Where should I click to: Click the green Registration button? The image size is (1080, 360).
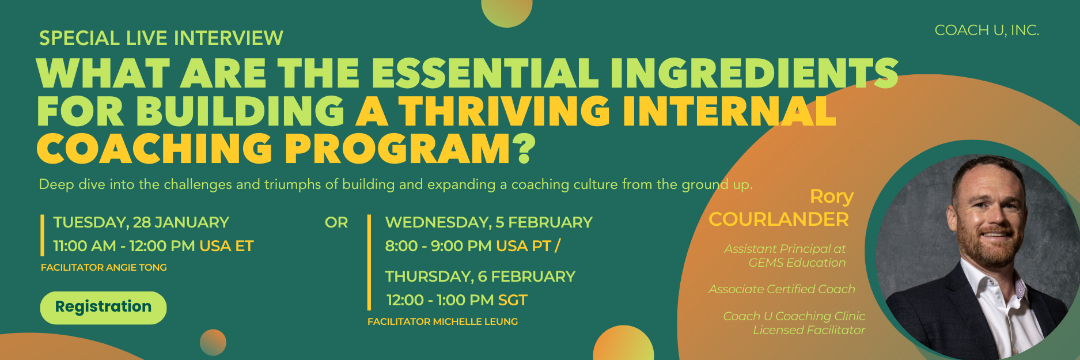103,308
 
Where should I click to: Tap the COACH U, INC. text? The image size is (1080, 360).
987,31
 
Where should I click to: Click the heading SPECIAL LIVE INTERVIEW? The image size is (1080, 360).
161,38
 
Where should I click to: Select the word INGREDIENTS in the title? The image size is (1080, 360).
754,73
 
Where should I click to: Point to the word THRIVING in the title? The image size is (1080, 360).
504,111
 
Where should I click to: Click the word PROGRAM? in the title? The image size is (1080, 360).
410,149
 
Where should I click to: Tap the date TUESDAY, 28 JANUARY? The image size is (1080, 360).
141,222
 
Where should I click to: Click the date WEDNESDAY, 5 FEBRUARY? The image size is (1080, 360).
488,222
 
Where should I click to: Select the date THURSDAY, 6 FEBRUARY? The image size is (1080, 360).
480,276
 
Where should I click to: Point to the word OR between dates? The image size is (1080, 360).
336,222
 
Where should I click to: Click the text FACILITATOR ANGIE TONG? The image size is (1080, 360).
104,267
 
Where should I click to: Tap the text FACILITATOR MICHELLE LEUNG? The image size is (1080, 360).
442,321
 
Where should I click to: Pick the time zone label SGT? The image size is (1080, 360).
513,300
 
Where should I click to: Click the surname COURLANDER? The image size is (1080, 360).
779,219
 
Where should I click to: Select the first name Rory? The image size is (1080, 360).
832,196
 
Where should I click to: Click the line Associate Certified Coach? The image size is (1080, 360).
782,289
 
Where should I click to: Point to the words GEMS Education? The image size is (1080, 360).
797,263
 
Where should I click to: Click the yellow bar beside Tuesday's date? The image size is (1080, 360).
43,235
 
